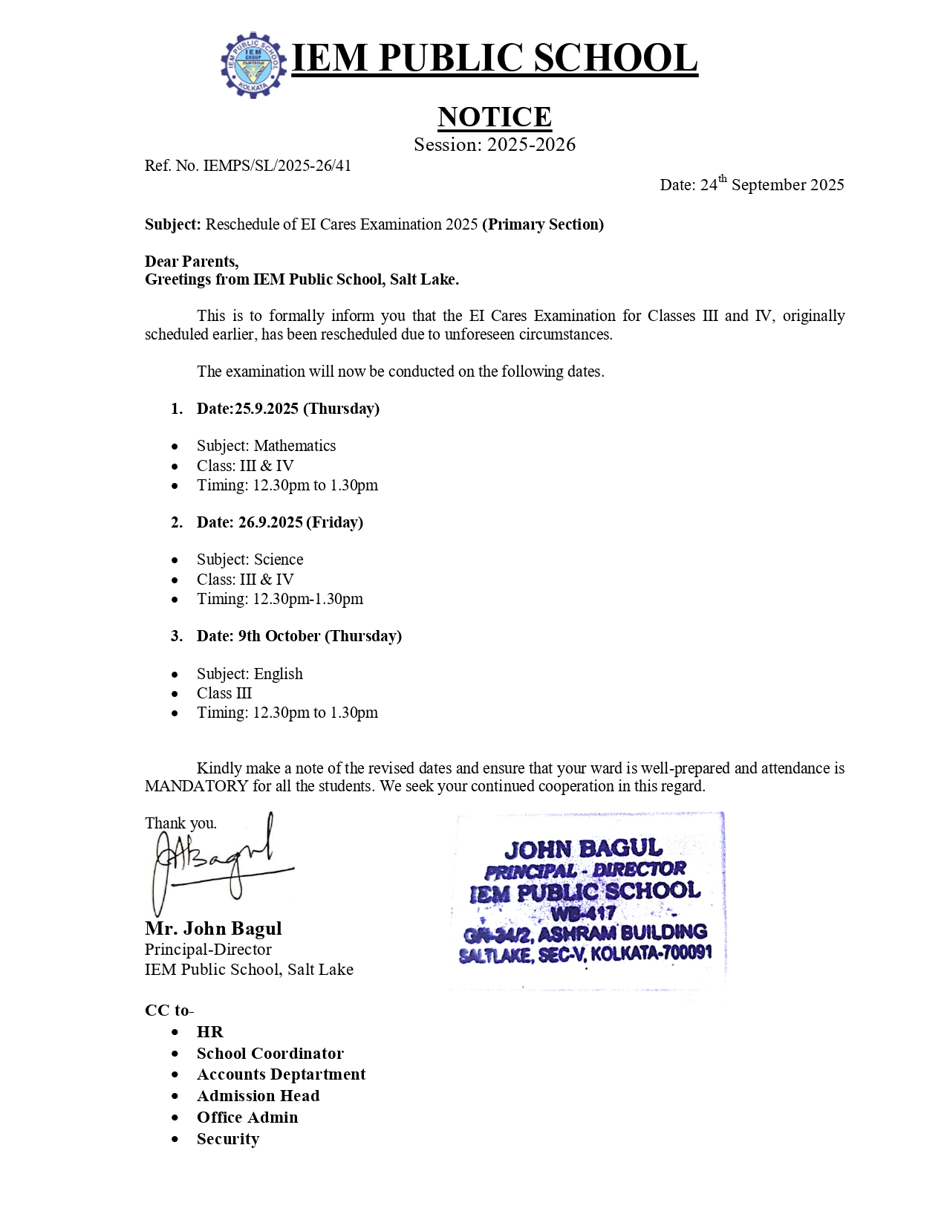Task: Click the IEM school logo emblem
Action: pos(253,65)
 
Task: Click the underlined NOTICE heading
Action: pos(494,117)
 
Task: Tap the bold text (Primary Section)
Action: pos(543,224)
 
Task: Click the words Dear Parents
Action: pos(191,262)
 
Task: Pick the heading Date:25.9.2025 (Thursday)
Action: pos(287,409)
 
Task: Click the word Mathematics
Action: pos(295,446)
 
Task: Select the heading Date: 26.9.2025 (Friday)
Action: pos(279,522)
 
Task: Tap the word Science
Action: pos(279,560)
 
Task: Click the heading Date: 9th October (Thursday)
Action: pos(299,636)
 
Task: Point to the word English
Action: pos(279,674)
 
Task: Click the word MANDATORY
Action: pos(196,786)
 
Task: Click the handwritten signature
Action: pos(215,862)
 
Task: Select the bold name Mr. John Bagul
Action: pos(213,929)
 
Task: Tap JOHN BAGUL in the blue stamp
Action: pos(583,849)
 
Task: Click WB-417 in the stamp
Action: pos(583,912)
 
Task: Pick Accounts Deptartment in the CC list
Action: pos(281,1074)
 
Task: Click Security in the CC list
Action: pos(228,1139)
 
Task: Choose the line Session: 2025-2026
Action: pos(494,145)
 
